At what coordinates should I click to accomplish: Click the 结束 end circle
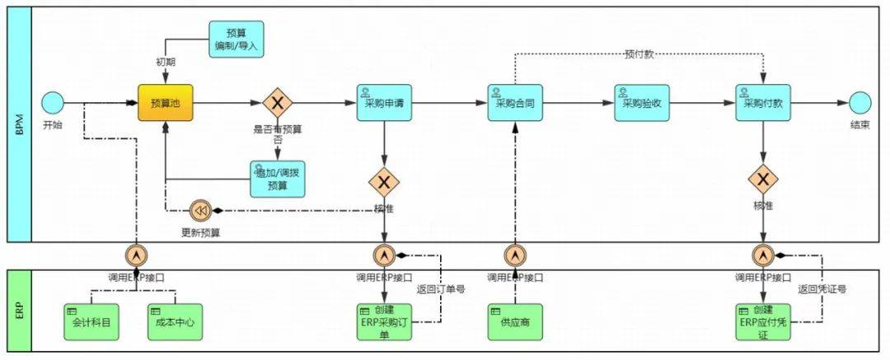click(x=860, y=103)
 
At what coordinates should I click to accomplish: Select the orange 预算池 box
click(x=165, y=104)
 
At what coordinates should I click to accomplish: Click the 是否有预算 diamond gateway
click(x=278, y=104)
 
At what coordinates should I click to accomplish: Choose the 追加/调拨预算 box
click(x=278, y=179)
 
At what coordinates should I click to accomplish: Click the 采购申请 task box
click(x=384, y=104)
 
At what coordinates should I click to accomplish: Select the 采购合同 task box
click(x=515, y=104)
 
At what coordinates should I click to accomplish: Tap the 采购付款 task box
click(x=763, y=104)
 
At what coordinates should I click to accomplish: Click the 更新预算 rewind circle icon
click(x=200, y=211)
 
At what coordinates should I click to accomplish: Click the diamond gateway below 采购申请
click(x=384, y=180)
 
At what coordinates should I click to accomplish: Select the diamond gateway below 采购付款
click(x=763, y=179)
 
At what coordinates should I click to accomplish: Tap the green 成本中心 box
click(x=175, y=322)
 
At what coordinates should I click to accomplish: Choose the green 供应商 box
click(x=515, y=322)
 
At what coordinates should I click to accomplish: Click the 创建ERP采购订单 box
click(x=383, y=322)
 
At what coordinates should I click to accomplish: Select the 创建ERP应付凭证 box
click(x=762, y=322)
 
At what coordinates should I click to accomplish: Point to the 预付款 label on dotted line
click(x=639, y=55)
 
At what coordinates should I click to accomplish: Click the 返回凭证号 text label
click(x=822, y=289)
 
